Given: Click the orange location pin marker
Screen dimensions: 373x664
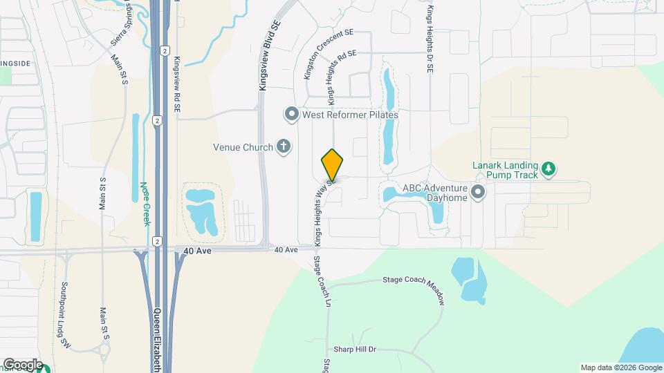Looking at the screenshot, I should (333, 165).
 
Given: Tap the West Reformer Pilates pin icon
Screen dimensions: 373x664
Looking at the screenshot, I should (291, 114).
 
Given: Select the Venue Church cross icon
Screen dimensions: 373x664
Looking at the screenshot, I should (283, 146).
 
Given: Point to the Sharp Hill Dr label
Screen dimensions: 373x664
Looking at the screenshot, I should (354, 350).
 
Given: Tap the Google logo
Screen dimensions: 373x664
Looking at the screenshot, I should (23, 365).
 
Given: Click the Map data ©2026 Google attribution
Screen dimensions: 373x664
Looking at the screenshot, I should (620, 367).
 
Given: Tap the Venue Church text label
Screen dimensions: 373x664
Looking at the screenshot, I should (243, 146).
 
